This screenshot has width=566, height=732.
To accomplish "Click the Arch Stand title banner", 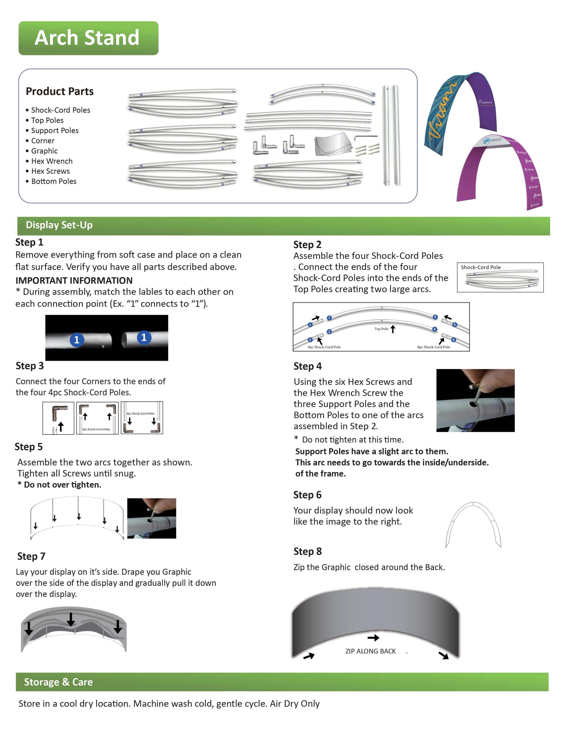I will tap(88, 38).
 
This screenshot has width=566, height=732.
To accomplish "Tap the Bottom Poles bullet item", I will tap(54, 181).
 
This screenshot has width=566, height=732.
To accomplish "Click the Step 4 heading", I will tap(307, 366).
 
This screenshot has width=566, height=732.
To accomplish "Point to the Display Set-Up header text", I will tap(59, 225).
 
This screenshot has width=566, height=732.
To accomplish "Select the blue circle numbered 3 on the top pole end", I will tap(435, 317).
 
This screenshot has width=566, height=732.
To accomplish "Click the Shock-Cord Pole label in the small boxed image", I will tap(481, 267).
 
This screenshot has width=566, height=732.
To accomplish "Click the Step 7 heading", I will tap(31, 556).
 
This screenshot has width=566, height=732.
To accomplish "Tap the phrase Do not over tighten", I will tap(62, 485).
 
